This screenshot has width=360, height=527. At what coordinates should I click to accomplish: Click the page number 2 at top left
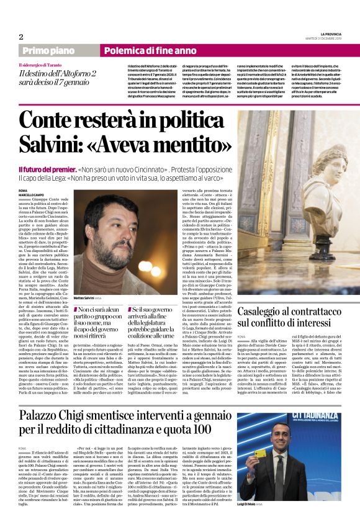pyautogui.click(x=21, y=37)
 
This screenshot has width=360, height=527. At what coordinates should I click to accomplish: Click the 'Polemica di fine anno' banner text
pyautogui.click(x=140, y=51)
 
